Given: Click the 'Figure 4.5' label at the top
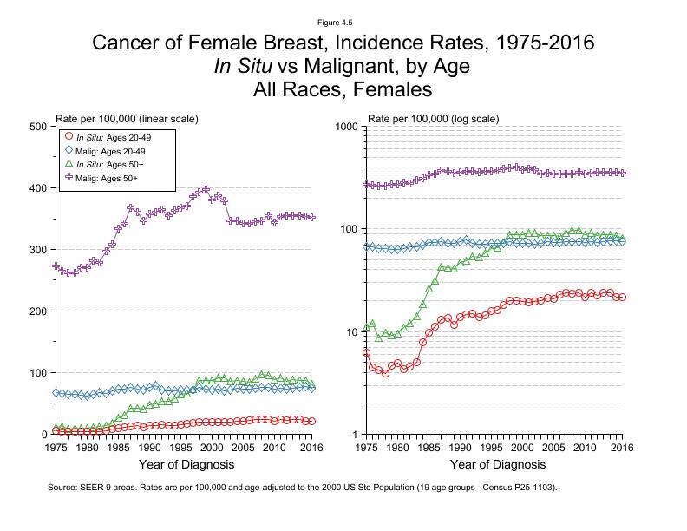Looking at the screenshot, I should (x=343, y=22).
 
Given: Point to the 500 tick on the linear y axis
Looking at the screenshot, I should (x=37, y=127).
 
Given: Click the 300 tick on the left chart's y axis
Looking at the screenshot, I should (x=37, y=250).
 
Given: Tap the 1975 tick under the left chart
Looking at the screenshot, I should (x=56, y=448).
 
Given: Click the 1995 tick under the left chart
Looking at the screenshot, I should (x=180, y=448).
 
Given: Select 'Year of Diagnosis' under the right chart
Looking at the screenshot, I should (x=494, y=466).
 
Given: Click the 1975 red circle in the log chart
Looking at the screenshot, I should (x=367, y=352).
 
